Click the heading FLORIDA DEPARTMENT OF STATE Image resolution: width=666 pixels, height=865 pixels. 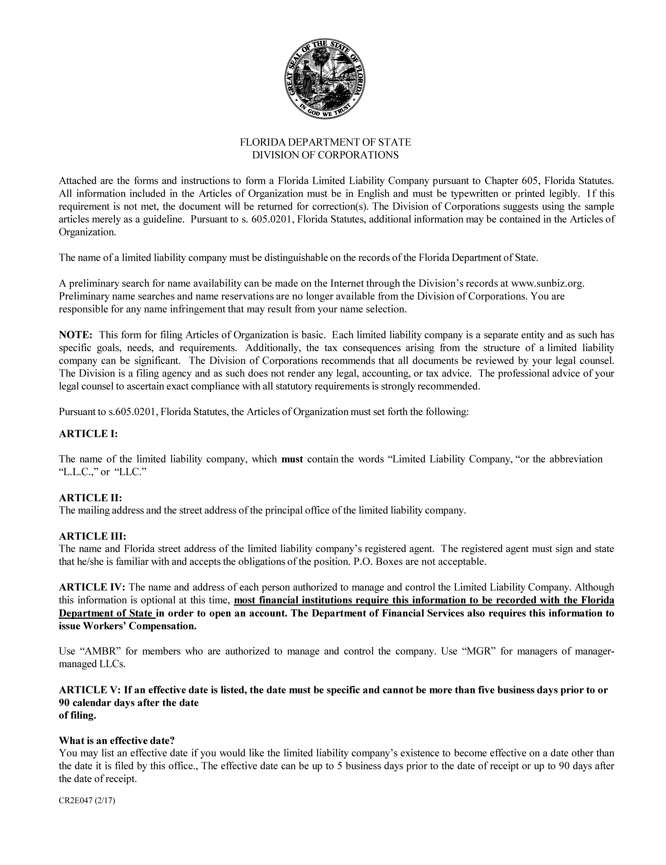pyautogui.click(x=325, y=142)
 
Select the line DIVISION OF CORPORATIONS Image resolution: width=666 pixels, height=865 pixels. pyautogui.click(x=325, y=155)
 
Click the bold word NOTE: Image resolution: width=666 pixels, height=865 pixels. pyautogui.click(x=76, y=335)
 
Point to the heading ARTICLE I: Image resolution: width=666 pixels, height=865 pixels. pyautogui.click(x=88, y=434)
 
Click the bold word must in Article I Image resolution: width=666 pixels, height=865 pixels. pyautogui.click(x=292, y=459)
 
